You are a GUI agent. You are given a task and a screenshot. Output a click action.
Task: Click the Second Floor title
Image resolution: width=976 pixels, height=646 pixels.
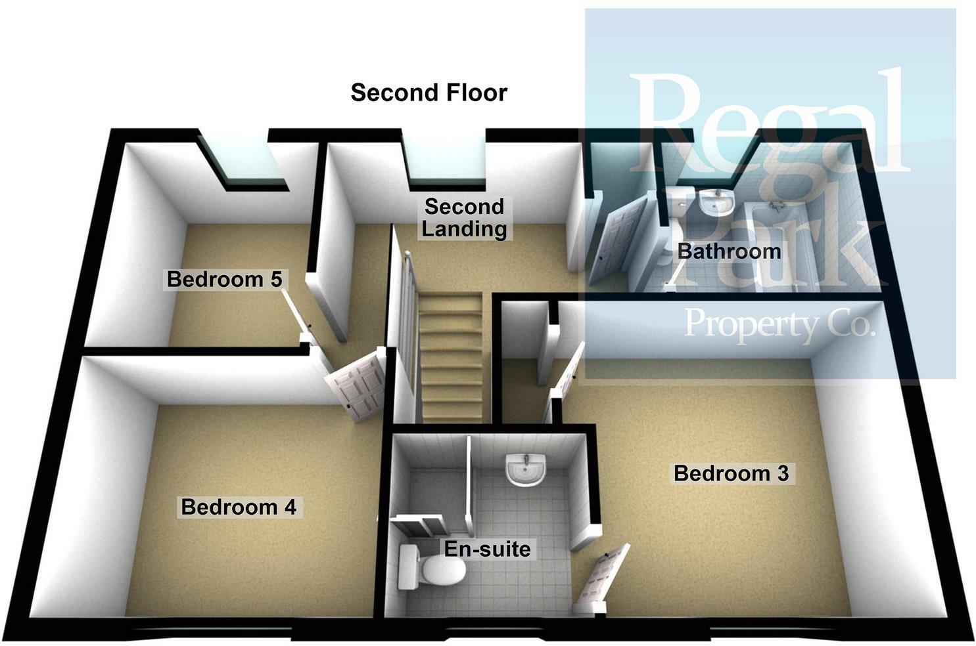429,93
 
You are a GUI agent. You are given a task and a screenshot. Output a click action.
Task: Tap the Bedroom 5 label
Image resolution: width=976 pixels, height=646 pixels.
224,279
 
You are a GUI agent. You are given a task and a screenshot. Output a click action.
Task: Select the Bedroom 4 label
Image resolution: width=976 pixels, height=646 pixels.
239,507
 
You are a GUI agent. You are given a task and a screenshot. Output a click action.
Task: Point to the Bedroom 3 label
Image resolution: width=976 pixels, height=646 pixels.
731,473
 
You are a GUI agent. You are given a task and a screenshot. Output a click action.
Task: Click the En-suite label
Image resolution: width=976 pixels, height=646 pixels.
487,549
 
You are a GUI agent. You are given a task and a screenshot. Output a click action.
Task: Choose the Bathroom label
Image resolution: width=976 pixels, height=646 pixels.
729,251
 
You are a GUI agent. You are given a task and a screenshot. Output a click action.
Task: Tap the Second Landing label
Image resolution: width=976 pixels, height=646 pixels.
464,217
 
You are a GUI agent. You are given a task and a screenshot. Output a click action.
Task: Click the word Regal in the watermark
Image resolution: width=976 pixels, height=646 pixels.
769,125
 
